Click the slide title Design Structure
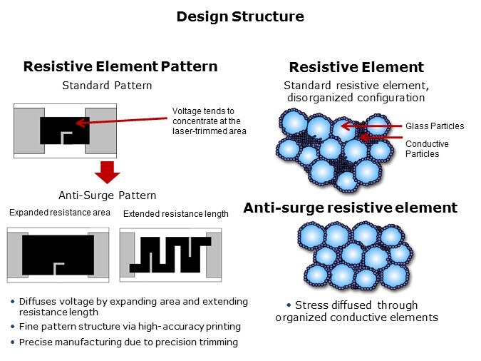tap(240, 16)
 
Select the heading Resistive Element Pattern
tap(120, 67)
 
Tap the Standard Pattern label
tap(107, 86)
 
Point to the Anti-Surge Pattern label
tap(107, 195)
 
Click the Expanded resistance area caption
tap(60, 213)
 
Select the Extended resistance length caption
tap(176, 213)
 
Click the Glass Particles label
tap(435, 126)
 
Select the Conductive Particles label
tap(427, 149)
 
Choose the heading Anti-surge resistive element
tap(350, 208)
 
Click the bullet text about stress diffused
tap(356, 312)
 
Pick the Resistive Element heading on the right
tap(356, 68)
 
